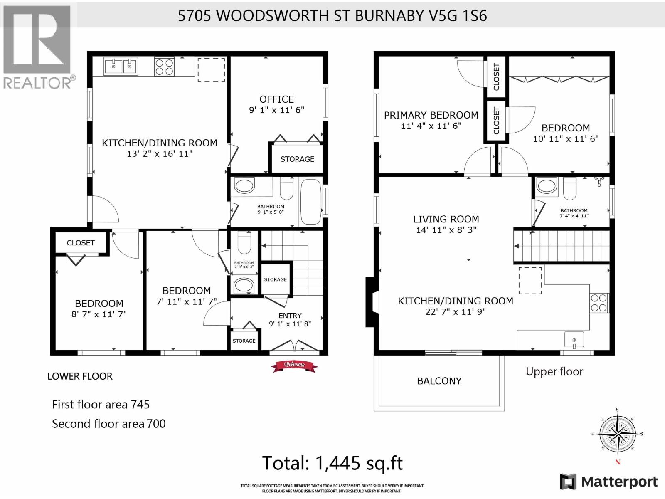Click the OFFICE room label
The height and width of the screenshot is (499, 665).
(276, 99)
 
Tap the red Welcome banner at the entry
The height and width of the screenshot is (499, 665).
(294, 365)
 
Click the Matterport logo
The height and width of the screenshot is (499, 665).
(609, 482)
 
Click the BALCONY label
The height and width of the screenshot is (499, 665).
(439, 381)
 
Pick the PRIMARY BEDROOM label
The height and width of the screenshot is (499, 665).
(431, 115)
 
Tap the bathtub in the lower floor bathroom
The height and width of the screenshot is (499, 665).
(310, 202)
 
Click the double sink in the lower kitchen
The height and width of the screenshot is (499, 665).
(120, 66)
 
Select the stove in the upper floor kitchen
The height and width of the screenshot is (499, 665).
(599, 303)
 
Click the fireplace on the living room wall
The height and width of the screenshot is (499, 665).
(371, 302)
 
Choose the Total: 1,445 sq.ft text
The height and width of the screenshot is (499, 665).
(332, 463)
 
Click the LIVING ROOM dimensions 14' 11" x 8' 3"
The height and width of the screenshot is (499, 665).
(446, 230)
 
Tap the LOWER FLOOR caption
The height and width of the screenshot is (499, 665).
(80, 376)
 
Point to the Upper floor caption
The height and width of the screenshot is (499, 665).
(554, 372)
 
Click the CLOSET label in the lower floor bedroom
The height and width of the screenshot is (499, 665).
(81, 242)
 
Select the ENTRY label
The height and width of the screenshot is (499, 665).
(290, 316)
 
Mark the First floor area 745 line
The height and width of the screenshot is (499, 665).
(101, 404)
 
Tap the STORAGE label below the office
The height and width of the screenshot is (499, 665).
(297, 159)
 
